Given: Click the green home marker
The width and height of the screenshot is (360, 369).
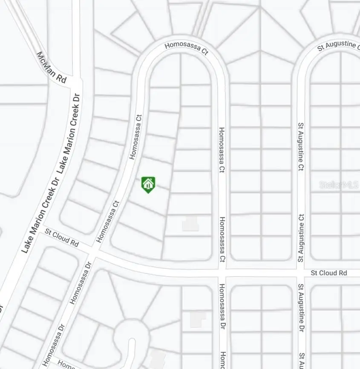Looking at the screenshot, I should tap(148, 184).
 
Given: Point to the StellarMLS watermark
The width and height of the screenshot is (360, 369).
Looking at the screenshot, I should tap(339, 184).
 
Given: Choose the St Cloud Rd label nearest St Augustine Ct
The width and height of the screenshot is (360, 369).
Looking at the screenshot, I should tap(328, 273).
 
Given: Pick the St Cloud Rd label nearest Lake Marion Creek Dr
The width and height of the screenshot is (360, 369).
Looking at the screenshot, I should tap(62, 238).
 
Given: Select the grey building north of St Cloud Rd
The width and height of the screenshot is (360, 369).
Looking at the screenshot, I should tap(190, 223).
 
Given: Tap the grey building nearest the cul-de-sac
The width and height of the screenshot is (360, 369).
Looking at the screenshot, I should tap(157, 357).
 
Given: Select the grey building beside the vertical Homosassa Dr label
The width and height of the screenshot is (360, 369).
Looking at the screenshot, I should tap(197, 319).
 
